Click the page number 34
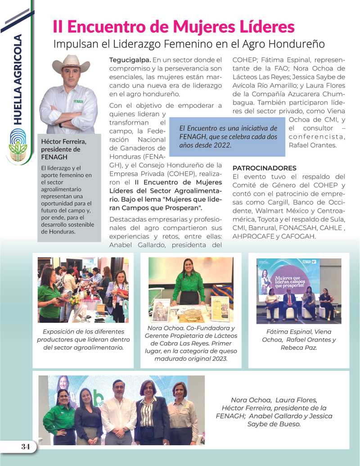pos(25,447)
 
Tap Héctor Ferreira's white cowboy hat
pos(71,63)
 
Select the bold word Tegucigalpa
pos(130,59)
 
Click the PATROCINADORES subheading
pos(264,168)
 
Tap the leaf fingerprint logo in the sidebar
pos(18,145)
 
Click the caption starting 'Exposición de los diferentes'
pos(83,339)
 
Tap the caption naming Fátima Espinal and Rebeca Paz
pos(299,339)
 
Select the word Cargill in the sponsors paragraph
pos(279,202)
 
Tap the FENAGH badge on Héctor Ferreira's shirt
pos(78,102)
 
